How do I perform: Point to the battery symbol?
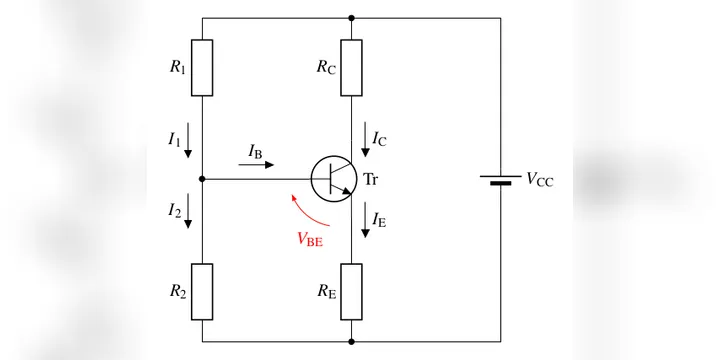(x=501, y=180)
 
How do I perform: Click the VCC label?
(x=540, y=179)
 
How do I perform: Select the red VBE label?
(x=310, y=239)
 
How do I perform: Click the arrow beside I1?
(x=187, y=140)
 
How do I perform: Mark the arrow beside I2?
(x=187, y=211)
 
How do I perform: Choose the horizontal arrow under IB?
(x=256, y=164)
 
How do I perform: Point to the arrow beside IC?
(x=365, y=140)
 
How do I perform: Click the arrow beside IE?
(x=365, y=220)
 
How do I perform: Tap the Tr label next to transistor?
(x=371, y=179)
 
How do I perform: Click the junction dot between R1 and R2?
(x=202, y=179)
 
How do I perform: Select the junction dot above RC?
(x=351, y=18)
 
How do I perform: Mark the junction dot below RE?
(x=351, y=342)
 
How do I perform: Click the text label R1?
(x=178, y=67)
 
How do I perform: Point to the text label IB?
(x=255, y=151)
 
